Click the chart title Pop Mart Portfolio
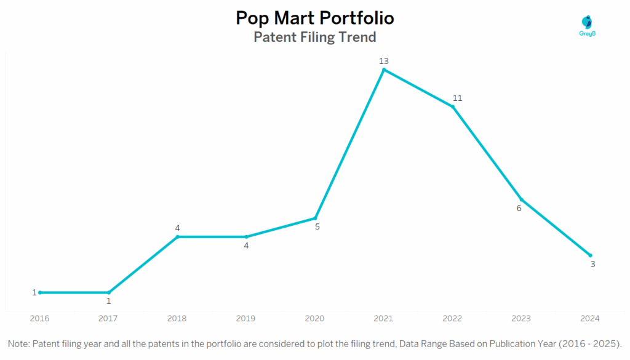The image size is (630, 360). coord(315,18)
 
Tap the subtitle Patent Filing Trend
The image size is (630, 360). coord(315,37)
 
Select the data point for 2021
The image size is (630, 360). coord(384,70)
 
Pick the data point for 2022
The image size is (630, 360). coord(453,107)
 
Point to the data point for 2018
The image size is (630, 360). coord(177,236)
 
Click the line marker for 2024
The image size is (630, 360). coord(591,255)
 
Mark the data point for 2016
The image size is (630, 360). coord(40,292)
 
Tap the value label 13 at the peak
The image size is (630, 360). coord(384,61)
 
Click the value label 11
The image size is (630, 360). coord(457,98)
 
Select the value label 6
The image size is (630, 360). coord(519,208)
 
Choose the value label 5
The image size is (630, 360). coord(317,226)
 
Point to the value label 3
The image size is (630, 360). coord(592,264)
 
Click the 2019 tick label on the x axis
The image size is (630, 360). coord(246,318)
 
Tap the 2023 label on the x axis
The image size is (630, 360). coord(522,318)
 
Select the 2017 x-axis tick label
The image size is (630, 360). coord(108,318)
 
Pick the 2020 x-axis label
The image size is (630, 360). coord(315,318)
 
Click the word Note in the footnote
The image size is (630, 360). coord(18,343)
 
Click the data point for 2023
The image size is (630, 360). coord(522,199)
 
